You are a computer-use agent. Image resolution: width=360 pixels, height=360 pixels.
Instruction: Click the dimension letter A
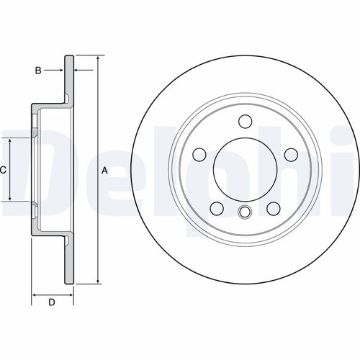[x=104, y=171]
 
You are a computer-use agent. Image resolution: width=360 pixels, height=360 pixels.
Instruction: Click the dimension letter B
[x=38, y=71]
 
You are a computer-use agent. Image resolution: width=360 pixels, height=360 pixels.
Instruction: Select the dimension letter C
[x=3, y=170]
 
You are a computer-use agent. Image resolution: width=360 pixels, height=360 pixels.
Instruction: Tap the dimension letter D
[x=52, y=302]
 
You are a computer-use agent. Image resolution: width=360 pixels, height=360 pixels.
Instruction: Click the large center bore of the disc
[x=246, y=170]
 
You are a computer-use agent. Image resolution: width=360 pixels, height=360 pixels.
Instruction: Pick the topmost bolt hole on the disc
[x=246, y=121]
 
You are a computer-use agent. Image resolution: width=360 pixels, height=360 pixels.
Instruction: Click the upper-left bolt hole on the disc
[x=199, y=155]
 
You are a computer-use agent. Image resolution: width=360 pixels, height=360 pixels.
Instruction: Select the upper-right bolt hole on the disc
[x=291, y=155]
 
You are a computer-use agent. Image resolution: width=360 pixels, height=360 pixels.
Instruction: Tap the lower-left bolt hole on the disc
[x=217, y=208]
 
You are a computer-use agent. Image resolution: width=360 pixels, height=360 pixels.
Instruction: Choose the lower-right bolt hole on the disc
[x=274, y=208]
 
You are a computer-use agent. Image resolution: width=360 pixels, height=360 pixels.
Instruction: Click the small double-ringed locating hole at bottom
[x=244, y=212]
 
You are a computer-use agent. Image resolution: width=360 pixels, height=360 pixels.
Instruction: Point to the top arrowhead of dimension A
[x=98, y=59]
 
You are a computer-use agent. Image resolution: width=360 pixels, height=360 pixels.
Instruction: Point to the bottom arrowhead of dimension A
[x=98, y=281]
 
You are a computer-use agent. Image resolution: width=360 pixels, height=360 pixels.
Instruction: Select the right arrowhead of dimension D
[x=70, y=294]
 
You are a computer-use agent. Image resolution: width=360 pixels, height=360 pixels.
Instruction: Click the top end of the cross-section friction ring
[x=69, y=56]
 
